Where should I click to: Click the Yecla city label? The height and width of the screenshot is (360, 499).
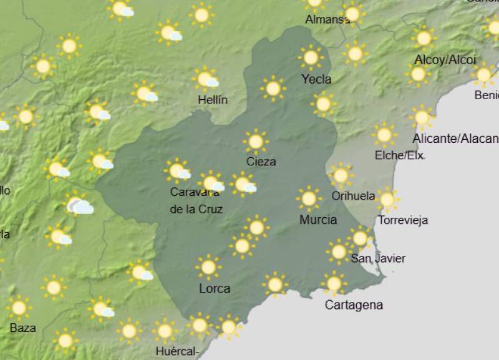(x=316, y=79)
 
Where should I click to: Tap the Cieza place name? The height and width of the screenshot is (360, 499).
(x=261, y=162)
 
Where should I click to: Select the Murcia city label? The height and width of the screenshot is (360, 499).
(x=318, y=220)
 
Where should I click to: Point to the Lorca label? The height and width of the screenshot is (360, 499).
(x=214, y=289)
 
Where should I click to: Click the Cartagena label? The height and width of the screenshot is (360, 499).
(x=354, y=305)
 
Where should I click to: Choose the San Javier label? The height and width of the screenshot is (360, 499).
(x=378, y=258)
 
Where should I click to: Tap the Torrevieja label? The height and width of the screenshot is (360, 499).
(x=403, y=220)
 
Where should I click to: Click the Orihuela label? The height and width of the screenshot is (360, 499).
(x=353, y=196)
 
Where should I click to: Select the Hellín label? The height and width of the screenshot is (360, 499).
(x=212, y=100)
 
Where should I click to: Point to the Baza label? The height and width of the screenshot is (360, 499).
(x=22, y=328)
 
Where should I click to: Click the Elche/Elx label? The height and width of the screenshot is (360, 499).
(x=399, y=155)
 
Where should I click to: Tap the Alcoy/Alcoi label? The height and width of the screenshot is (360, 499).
(x=445, y=60)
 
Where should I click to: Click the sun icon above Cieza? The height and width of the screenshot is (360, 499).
(x=256, y=142)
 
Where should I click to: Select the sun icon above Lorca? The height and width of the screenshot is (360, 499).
(x=208, y=267)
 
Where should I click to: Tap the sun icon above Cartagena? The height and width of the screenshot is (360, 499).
(x=334, y=284)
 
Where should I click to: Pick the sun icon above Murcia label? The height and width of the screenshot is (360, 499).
(x=309, y=199)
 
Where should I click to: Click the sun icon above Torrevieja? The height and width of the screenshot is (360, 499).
(x=387, y=200)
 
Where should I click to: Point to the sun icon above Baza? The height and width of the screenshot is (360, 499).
(x=19, y=308)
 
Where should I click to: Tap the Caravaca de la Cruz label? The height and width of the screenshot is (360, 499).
(x=196, y=201)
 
